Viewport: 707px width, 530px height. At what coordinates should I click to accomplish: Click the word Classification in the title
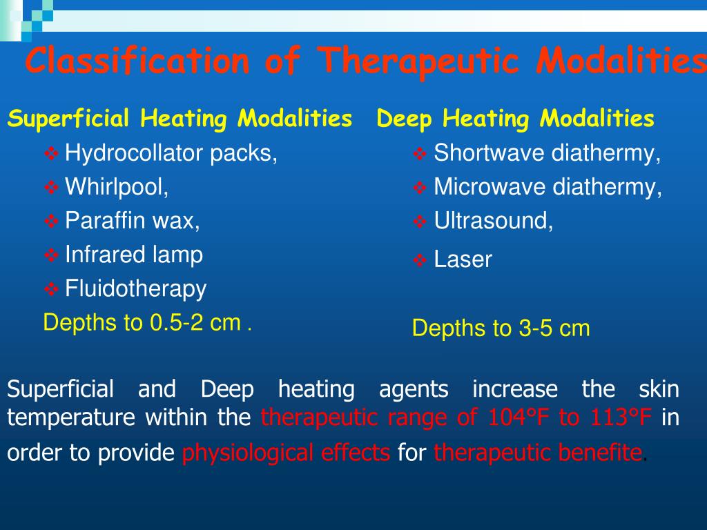click(x=137, y=61)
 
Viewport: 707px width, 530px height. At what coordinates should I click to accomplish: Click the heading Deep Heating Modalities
click(x=515, y=119)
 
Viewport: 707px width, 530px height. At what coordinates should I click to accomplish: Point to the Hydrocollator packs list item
click(x=171, y=153)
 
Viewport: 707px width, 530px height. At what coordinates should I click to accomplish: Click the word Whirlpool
click(x=117, y=186)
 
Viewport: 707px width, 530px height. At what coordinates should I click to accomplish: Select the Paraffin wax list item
click(x=133, y=221)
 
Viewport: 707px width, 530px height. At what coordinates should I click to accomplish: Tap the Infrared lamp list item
click(x=134, y=255)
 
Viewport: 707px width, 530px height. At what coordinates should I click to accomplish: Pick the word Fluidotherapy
click(x=135, y=288)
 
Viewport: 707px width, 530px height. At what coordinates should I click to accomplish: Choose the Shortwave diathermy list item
click(x=547, y=153)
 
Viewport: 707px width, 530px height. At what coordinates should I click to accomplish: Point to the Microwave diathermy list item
click(x=548, y=187)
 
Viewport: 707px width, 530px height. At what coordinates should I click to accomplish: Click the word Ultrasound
click(x=494, y=221)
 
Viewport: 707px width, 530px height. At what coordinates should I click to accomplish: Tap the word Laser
click(x=463, y=260)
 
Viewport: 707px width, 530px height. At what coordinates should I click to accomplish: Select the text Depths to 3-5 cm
click(x=501, y=328)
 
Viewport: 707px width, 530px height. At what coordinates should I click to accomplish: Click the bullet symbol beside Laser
click(x=420, y=261)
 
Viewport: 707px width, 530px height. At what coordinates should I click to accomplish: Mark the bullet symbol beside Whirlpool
click(x=51, y=187)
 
